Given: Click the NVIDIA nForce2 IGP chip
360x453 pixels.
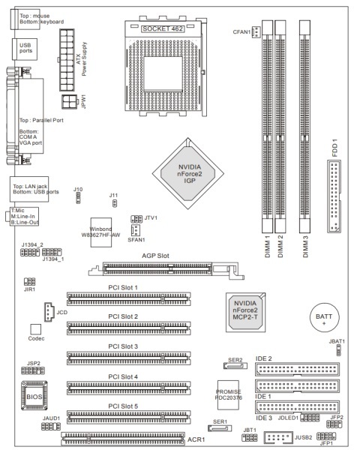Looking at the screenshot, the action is [x=187, y=173].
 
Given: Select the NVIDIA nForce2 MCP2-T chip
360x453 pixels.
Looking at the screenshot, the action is [x=245, y=312].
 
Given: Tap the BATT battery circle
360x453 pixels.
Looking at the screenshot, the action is [x=324, y=317].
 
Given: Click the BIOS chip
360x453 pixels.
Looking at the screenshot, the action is [x=34, y=395].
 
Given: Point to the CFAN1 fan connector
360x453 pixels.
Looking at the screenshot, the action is [x=256, y=31].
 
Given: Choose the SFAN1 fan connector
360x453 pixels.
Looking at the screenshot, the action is [x=135, y=230].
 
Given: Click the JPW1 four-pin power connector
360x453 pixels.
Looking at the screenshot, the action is [x=69, y=102].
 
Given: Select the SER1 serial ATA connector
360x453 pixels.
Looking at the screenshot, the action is [x=220, y=428].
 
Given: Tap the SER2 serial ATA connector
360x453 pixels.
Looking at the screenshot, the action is [x=235, y=366].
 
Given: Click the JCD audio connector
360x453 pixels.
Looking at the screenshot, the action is [x=49, y=312].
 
